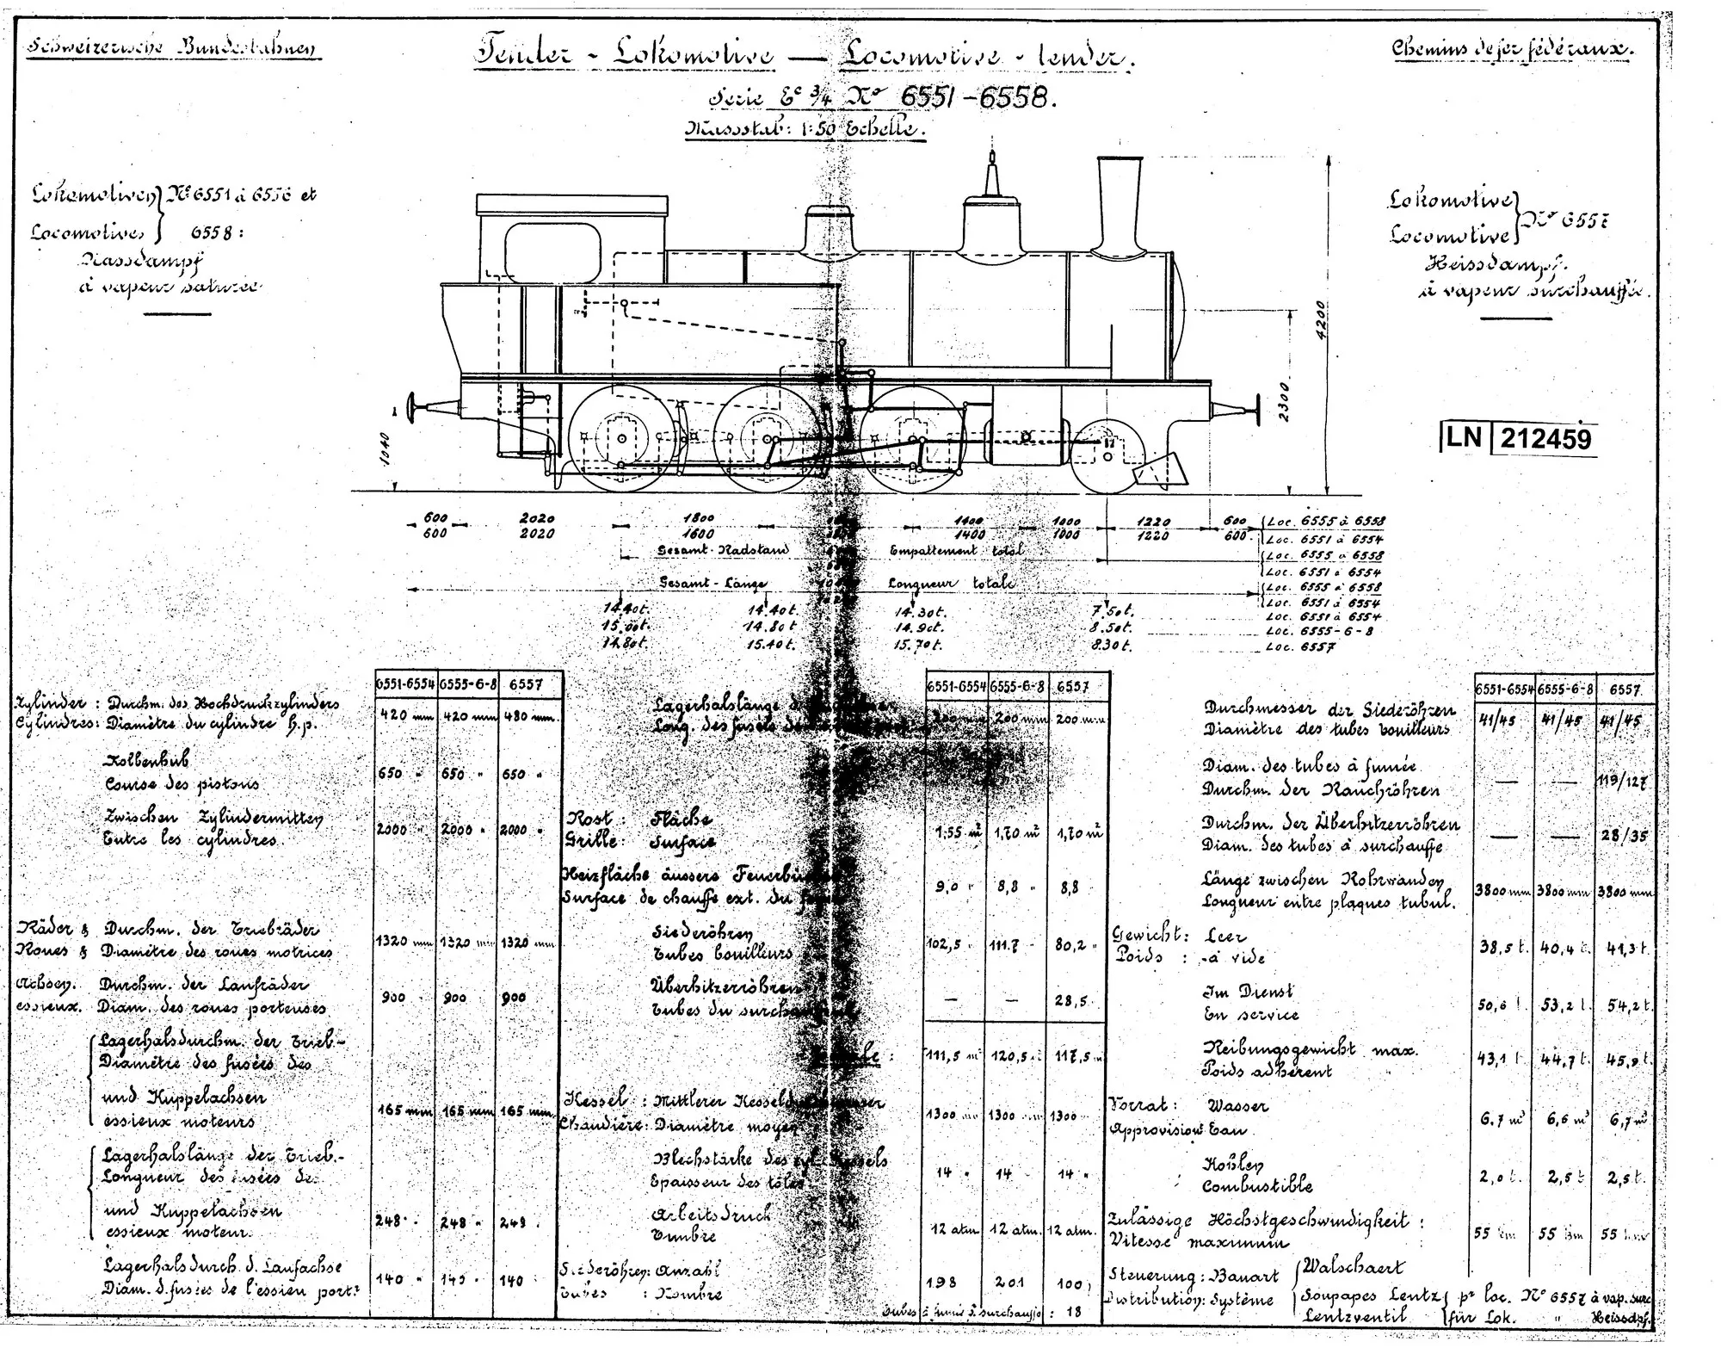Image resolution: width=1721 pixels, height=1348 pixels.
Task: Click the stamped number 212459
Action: pyautogui.click(x=1545, y=439)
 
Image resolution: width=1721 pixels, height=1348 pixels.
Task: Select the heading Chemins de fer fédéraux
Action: pyautogui.click(x=1512, y=49)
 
